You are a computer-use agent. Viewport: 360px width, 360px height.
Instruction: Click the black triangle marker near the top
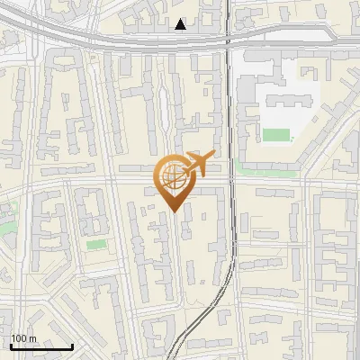pyautogui.click(x=181, y=25)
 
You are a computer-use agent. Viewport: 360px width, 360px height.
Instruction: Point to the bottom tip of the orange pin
pyautogui.click(x=172, y=211)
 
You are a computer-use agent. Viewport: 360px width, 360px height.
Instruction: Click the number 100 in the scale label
pyautogui.click(x=19, y=338)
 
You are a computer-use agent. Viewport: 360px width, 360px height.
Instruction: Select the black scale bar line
pyautogui.click(x=41, y=346)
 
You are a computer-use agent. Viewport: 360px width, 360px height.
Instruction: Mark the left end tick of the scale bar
pyautogui.click(x=11, y=345)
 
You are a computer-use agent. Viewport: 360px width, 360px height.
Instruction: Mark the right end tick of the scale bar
pyautogui.click(x=72, y=345)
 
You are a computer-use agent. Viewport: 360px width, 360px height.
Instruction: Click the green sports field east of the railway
pyautogui.click(x=276, y=135)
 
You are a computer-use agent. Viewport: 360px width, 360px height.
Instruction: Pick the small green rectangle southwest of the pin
pyautogui.click(x=95, y=244)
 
